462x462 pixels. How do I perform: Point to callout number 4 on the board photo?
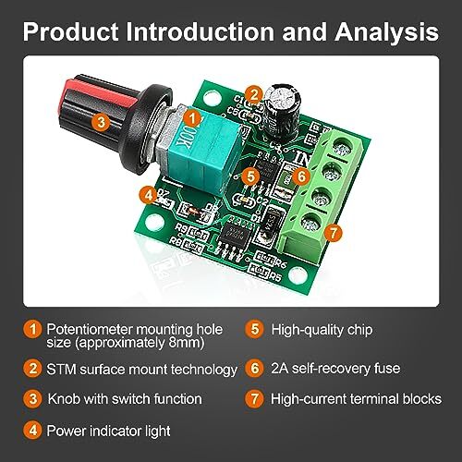click(145, 194)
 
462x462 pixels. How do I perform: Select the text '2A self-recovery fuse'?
click(335, 368)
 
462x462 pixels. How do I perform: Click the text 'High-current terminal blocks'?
click(356, 399)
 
